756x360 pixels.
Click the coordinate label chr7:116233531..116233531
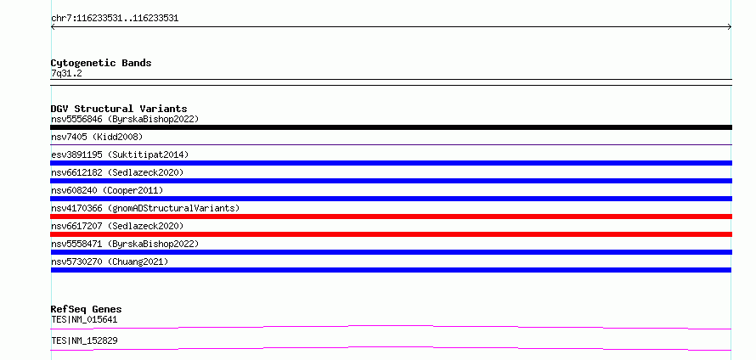(115, 19)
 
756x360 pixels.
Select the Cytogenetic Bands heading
(101, 63)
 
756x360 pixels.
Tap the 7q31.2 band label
(66, 73)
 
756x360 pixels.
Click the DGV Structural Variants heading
(119, 109)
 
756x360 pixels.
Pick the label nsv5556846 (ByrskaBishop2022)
(125, 119)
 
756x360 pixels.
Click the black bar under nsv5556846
(391, 127)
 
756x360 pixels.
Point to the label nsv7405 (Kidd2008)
(98, 137)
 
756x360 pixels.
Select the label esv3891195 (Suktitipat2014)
(120, 155)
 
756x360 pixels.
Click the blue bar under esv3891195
(391, 163)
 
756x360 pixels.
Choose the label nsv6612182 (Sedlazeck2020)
(117, 172)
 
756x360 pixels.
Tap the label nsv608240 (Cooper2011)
(108, 190)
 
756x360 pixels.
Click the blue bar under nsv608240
(391, 199)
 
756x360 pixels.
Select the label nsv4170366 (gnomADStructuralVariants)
(145, 208)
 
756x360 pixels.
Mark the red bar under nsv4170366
(391, 217)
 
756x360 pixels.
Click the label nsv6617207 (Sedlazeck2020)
(117, 226)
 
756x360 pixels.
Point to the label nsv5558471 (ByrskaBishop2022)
(125, 244)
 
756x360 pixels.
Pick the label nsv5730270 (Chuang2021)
(110, 262)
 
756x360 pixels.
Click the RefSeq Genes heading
(87, 309)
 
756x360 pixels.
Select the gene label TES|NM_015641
(84, 319)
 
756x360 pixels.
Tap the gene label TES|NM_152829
(84, 340)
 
